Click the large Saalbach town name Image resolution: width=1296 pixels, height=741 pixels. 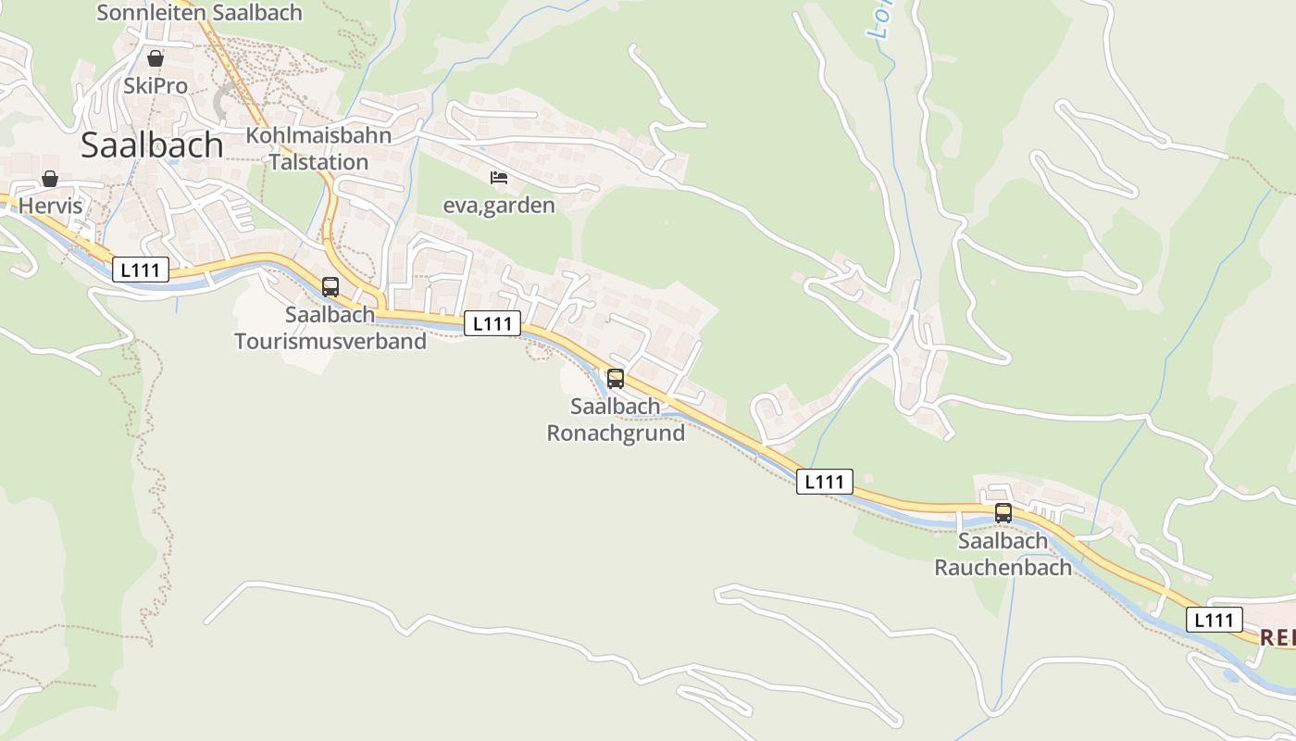coord(152,145)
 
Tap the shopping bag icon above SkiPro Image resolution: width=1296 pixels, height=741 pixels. coord(156,58)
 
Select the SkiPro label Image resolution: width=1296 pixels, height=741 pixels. coord(156,86)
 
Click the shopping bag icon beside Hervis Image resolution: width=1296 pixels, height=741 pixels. coord(50,179)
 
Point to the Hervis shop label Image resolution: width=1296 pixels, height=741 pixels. coord(50,206)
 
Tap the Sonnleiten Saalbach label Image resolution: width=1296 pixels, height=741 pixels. coord(199,13)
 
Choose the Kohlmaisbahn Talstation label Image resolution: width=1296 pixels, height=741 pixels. coord(318,148)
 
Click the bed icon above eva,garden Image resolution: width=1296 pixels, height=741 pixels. coord(499,177)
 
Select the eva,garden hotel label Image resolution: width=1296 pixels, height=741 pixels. coord(499,206)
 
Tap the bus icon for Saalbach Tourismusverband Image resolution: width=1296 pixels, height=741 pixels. coord(330,287)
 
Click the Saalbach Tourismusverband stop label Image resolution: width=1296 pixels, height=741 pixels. coord(330,328)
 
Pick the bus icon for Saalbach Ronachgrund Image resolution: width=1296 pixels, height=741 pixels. coord(616,378)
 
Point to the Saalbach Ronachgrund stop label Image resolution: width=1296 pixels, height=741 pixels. coord(616,420)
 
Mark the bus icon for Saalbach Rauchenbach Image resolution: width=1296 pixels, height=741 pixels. coord(1003,512)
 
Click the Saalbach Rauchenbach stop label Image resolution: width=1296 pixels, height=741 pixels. coord(1003,554)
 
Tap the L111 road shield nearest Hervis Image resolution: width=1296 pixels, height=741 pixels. coord(141,270)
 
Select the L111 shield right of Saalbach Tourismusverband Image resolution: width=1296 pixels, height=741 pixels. coord(492,323)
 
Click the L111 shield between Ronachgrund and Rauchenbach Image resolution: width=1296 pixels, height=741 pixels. coord(824,481)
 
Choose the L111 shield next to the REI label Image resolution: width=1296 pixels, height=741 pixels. coord(1214,620)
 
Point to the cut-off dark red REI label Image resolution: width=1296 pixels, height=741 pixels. coord(1277,637)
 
